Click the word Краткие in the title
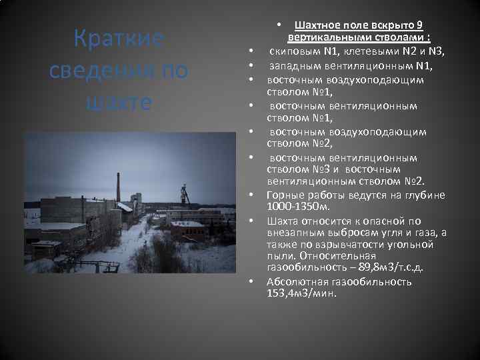(x=119, y=39)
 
